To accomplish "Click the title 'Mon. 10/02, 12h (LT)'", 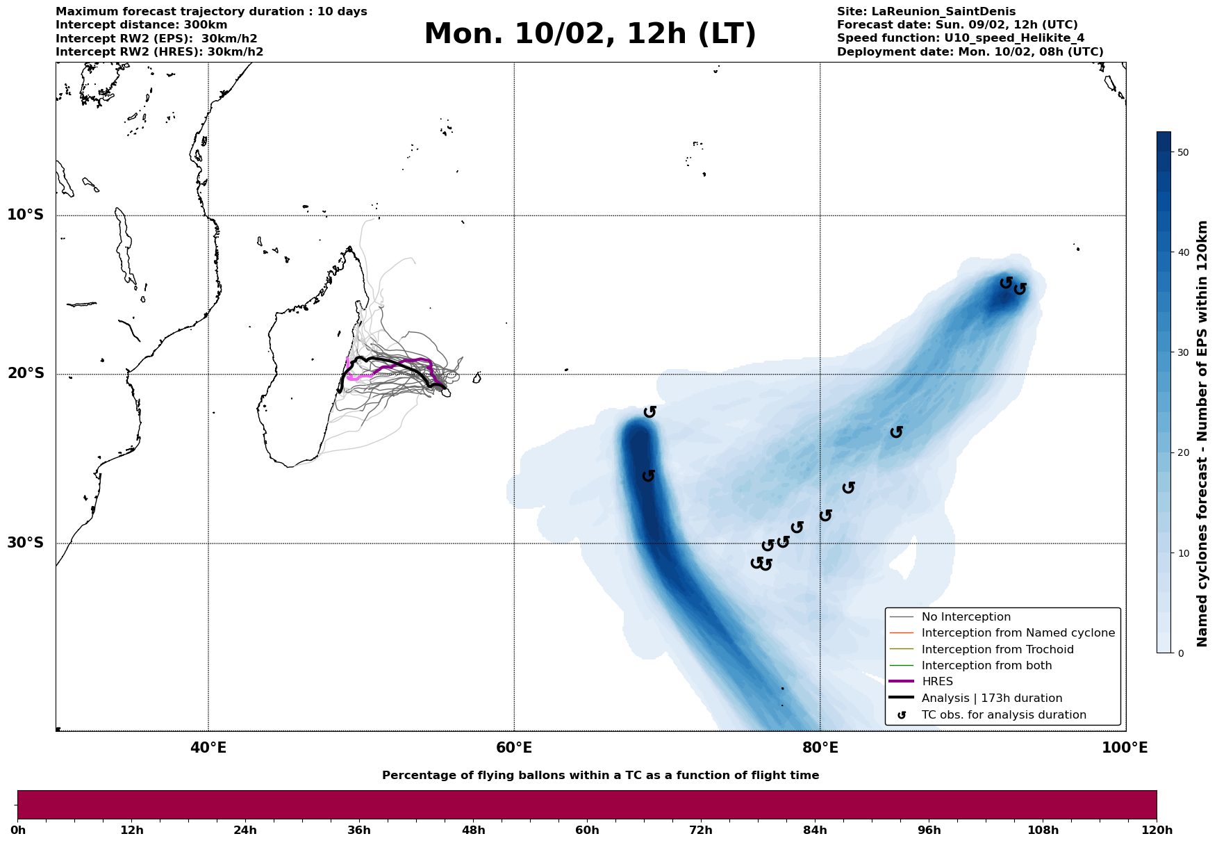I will [590, 35].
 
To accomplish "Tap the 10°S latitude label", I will [26, 215].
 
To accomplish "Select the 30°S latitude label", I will [26, 543].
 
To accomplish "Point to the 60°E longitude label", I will [514, 748].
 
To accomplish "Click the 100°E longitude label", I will [1125, 748].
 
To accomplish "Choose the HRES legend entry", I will [937, 682].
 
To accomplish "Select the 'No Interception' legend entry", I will [966, 617].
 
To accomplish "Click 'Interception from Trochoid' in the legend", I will [997, 650].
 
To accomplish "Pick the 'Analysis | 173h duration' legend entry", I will [991, 698].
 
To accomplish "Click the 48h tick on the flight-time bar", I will [474, 830].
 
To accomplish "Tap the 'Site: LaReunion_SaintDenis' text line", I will [926, 12].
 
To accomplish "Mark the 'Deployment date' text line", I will [970, 52].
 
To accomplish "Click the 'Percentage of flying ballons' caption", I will [600, 776].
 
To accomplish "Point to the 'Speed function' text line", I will [960, 38].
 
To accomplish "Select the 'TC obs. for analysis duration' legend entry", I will [1003, 715].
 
